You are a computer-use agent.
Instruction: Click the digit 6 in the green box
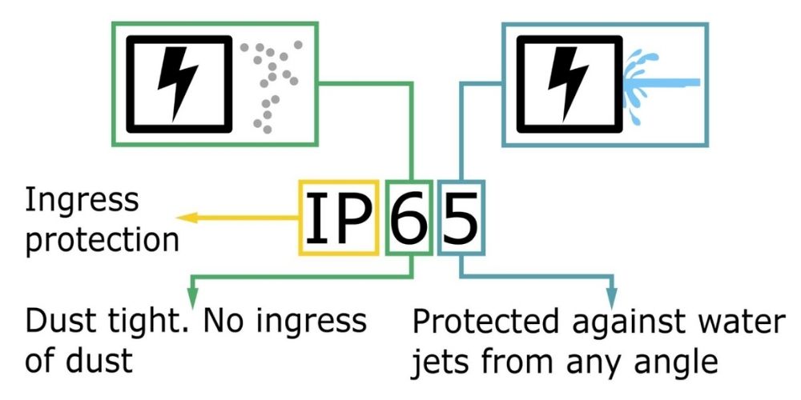point(409,218)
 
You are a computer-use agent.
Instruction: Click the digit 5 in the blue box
point(461,218)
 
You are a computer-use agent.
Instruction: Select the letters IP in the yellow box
point(338,218)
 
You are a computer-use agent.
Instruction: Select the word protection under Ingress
point(103,238)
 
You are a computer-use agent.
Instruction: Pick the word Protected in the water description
point(485,322)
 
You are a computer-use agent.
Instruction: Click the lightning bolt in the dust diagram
point(177,84)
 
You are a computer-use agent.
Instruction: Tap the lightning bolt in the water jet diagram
point(568,84)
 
